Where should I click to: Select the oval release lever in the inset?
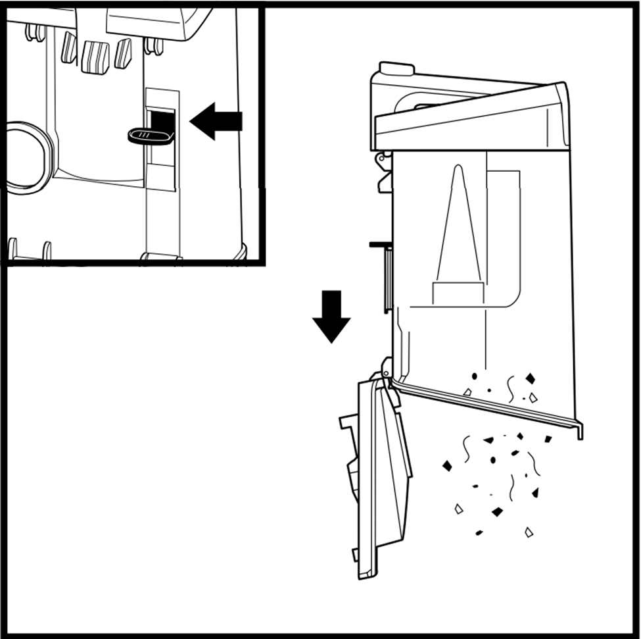click(x=151, y=136)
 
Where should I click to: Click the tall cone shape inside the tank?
click(x=458, y=224)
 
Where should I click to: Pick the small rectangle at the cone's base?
click(x=458, y=294)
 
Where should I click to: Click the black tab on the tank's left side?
click(x=381, y=245)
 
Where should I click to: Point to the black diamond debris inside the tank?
click(x=530, y=378)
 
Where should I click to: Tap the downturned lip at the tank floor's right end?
click(x=578, y=429)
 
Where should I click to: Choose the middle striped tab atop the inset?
click(x=95, y=57)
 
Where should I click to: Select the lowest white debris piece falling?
click(x=529, y=532)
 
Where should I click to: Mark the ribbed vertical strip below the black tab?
click(x=388, y=280)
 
